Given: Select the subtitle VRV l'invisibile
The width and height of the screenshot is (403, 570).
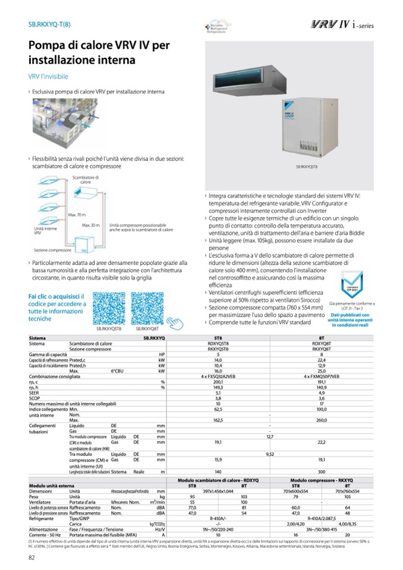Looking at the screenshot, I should [48, 77].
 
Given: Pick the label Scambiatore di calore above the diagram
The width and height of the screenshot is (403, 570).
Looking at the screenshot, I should [86, 179].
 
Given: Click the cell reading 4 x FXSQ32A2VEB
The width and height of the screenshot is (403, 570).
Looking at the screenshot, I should [218, 376].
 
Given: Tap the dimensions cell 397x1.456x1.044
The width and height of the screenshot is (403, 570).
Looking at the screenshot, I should [218, 491].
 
